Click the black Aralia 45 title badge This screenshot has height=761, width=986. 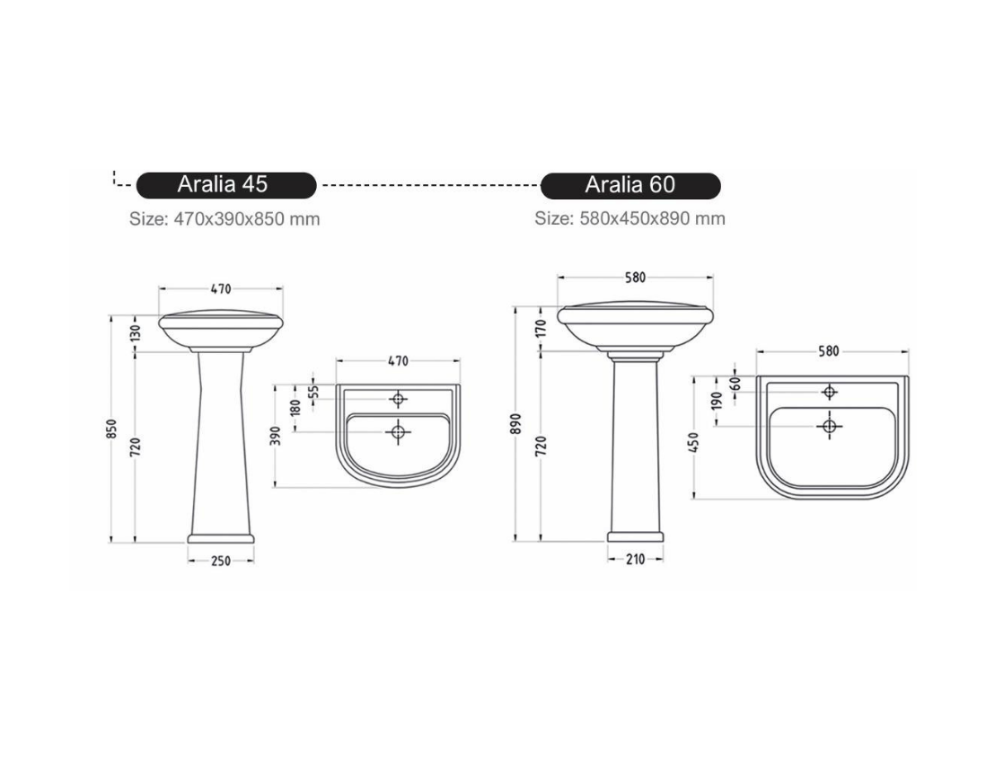coord(226,185)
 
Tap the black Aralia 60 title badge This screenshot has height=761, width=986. coord(630,185)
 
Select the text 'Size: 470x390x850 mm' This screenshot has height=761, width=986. coord(224,219)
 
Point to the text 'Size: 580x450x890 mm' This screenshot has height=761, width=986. coord(629,218)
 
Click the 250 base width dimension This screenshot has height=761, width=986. coord(221,561)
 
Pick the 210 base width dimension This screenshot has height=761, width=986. coord(635,559)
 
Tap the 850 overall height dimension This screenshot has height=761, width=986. coord(112,429)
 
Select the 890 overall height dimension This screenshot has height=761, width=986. coord(516,424)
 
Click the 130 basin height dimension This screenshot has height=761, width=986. coord(136,332)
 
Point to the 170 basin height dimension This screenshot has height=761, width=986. coord(541,328)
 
